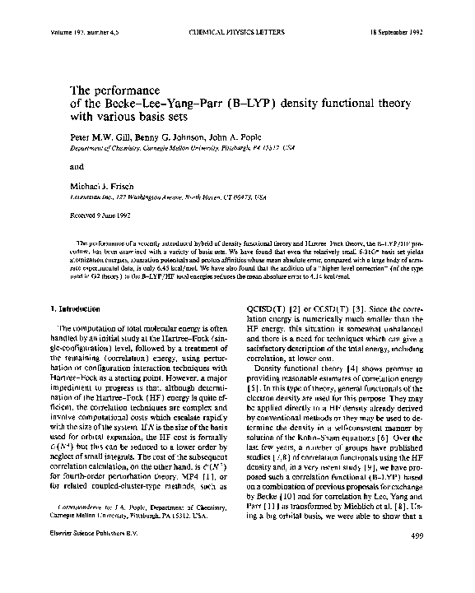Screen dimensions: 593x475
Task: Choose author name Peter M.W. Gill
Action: coord(92,138)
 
